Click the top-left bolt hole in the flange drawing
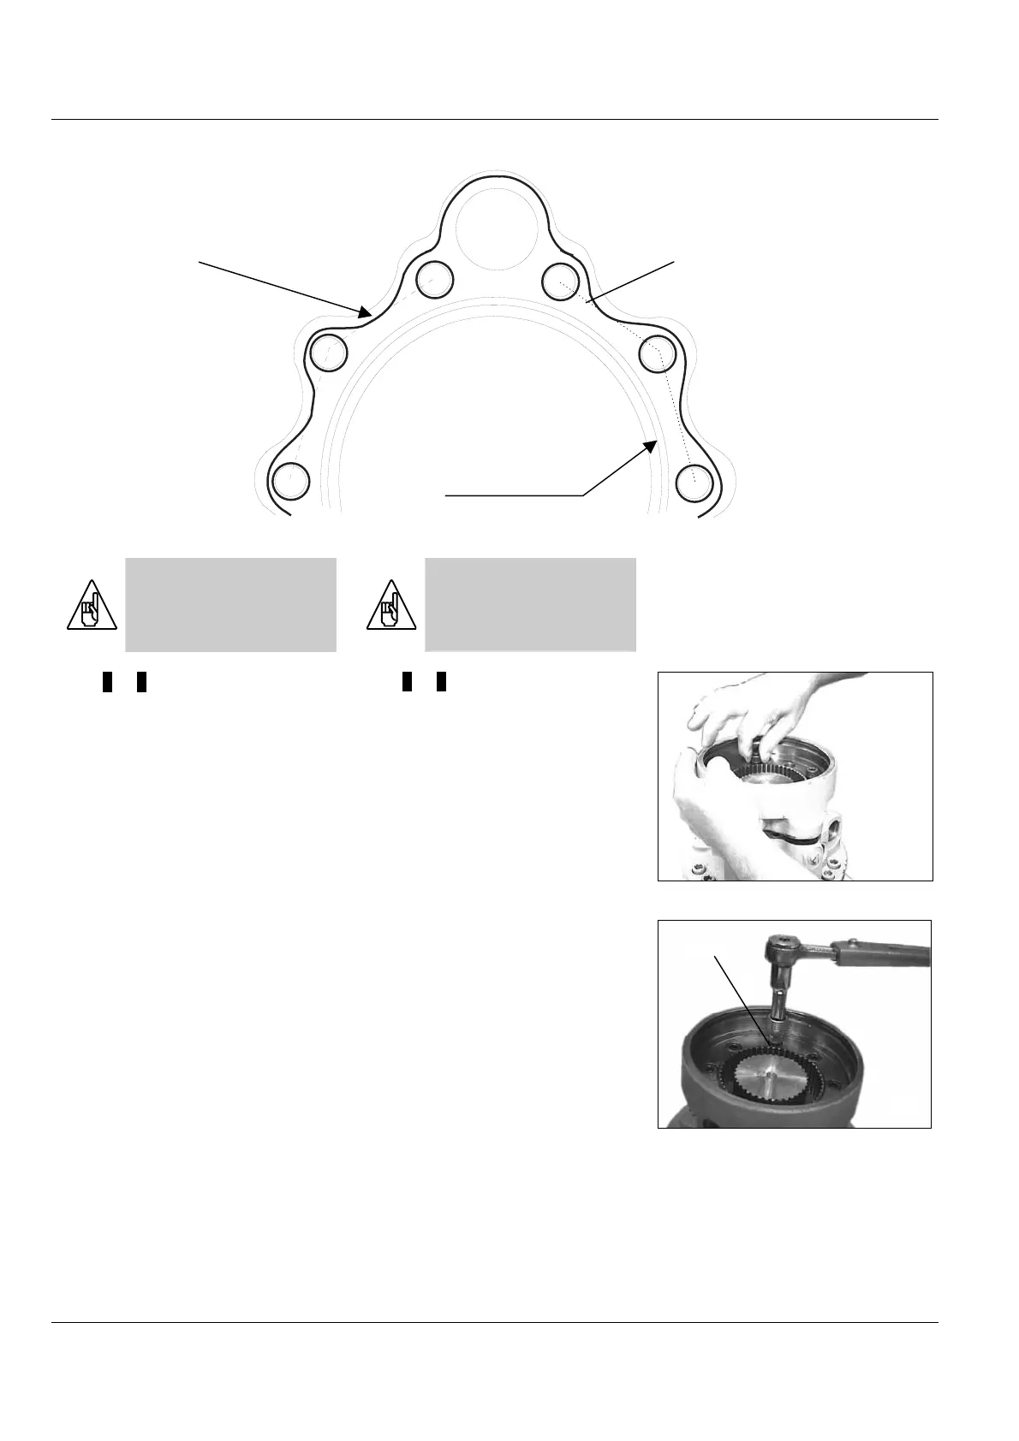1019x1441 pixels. pyautogui.click(x=434, y=278)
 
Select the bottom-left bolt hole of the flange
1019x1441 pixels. pyautogui.click(x=290, y=480)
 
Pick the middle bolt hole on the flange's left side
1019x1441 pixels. pyautogui.click(x=328, y=352)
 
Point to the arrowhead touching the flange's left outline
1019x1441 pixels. pyautogui.click(x=366, y=312)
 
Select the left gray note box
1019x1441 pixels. pyautogui.click(x=230, y=604)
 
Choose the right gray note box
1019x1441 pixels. pyautogui.click(x=530, y=604)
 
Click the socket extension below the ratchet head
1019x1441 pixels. pyautogui.click(x=780, y=1001)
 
